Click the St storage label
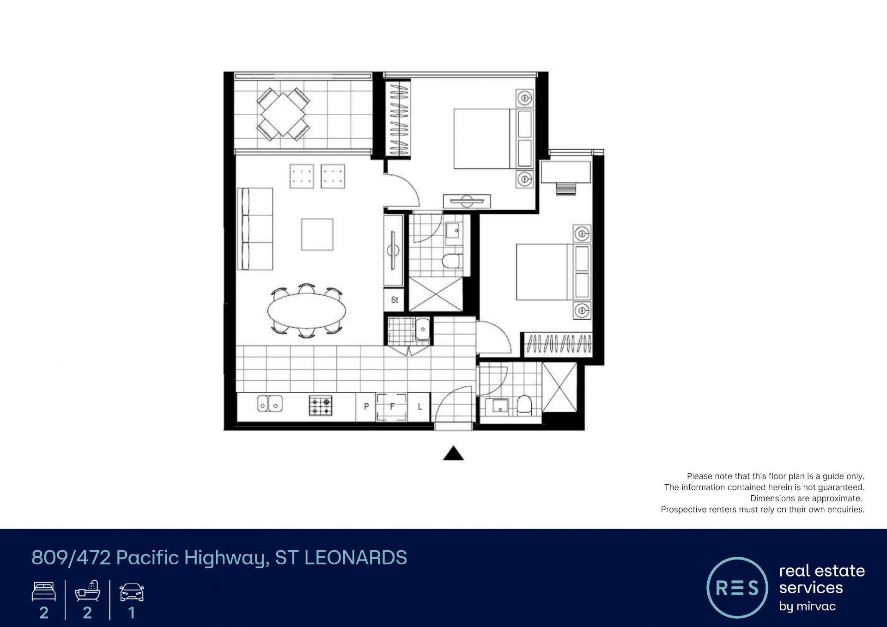(x=395, y=300)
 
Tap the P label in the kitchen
(x=366, y=407)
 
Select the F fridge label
(x=392, y=407)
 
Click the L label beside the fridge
(x=420, y=407)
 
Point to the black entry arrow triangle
(x=453, y=453)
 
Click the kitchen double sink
(x=270, y=404)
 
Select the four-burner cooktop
(x=321, y=406)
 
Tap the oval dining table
(x=307, y=310)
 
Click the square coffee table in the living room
(x=317, y=234)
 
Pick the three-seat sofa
(x=255, y=229)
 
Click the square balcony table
(x=283, y=114)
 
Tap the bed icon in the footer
(x=44, y=591)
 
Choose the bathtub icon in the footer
(x=88, y=590)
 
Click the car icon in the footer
(x=132, y=592)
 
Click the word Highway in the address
(x=227, y=558)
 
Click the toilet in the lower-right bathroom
(x=524, y=405)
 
